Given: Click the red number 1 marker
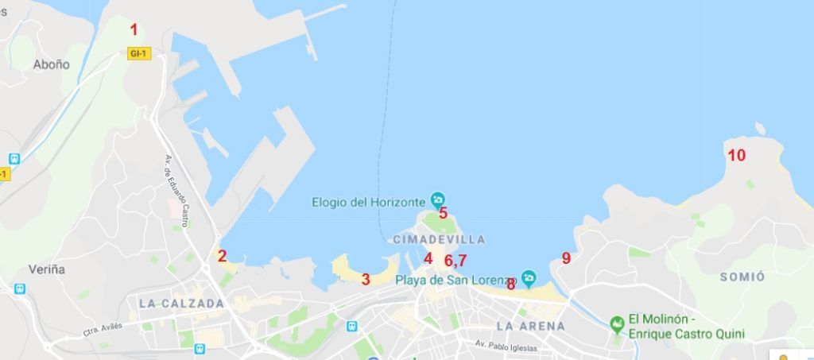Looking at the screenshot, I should pyautogui.click(x=134, y=30).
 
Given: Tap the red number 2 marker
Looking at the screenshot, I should pyautogui.click(x=223, y=256).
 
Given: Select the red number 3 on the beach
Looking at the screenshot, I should pyautogui.click(x=366, y=279).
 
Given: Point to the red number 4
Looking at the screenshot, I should pyautogui.click(x=428, y=258).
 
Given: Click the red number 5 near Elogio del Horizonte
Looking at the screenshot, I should pyautogui.click(x=443, y=213).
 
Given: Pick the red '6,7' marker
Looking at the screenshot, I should pyautogui.click(x=455, y=260).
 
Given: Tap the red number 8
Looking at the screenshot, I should pyautogui.click(x=510, y=284).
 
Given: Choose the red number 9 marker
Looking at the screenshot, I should pyautogui.click(x=566, y=258).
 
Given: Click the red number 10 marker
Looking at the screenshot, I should pyautogui.click(x=736, y=155).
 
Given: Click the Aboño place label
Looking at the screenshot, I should pyautogui.click(x=52, y=65).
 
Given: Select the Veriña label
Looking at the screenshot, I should pyautogui.click(x=47, y=269).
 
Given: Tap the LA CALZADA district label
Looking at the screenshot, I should pyautogui.click(x=181, y=304).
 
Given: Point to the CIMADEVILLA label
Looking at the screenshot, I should pyautogui.click(x=438, y=239).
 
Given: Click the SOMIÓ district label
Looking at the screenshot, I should pyautogui.click(x=742, y=277).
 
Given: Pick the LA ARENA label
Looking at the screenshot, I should pyautogui.click(x=530, y=326).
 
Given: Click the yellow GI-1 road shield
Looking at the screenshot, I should pyautogui.click(x=139, y=53).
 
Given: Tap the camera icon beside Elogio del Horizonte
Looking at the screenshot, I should pyautogui.click(x=437, y=199).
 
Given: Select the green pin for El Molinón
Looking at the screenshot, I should pyautogui.click(x=616, y=324).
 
